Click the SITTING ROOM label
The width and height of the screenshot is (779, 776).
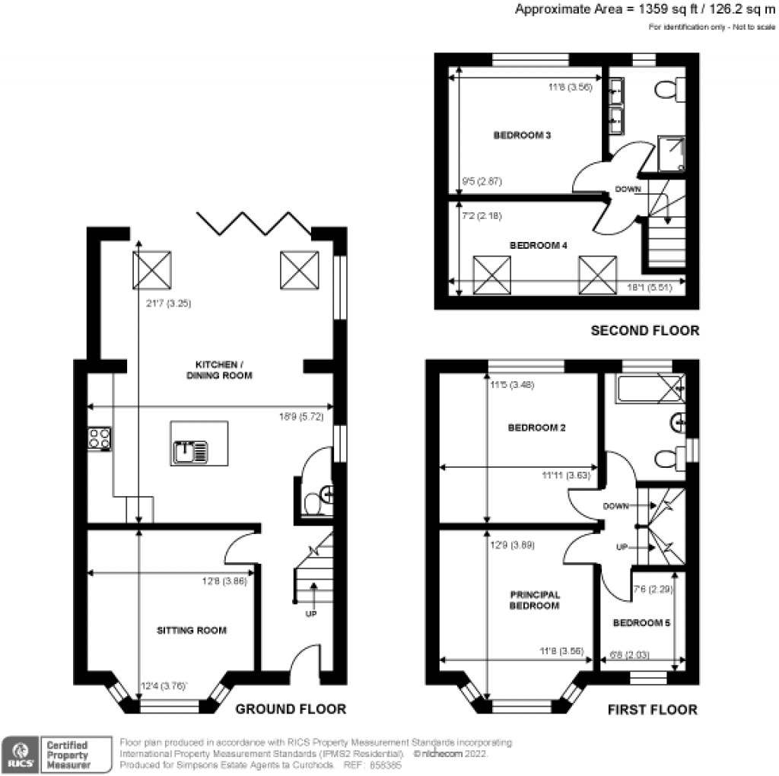click(192, 631)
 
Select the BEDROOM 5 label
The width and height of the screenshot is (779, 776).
click(641, 623)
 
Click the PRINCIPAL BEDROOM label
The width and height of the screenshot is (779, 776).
click(534, 600)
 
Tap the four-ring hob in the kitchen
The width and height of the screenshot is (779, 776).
click(100, 439)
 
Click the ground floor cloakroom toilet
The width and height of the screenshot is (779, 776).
click(312, 504)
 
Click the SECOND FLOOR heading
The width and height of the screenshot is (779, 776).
click(645, 331)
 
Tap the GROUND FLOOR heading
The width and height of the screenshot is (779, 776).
click(291, 709)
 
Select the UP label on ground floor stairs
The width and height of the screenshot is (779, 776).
click(310, 613)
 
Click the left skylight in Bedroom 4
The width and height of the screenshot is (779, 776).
click(491, 275)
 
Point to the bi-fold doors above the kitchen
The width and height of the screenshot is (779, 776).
click(253, 222)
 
